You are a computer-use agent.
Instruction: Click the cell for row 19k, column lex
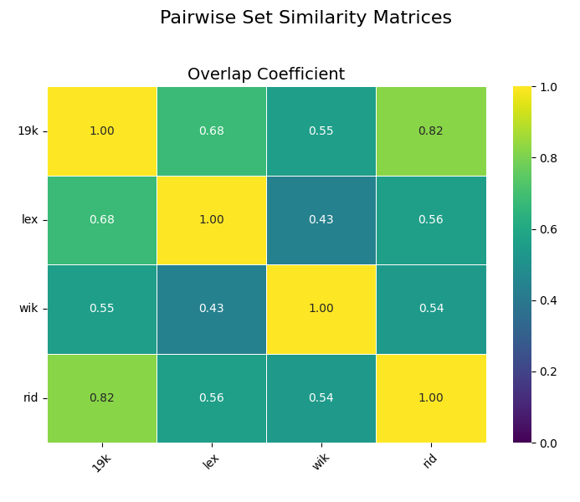click(211, 131)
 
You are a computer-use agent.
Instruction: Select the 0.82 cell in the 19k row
click(430, 131)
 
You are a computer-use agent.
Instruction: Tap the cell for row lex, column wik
click(321, 220)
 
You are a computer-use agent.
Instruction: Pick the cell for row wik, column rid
click(430, 309)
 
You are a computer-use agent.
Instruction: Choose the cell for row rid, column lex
click(211, 398)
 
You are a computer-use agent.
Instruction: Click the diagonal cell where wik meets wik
click(321, 309)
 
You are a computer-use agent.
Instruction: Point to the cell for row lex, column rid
click(430, 220)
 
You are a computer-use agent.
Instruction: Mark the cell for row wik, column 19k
click(101, 309)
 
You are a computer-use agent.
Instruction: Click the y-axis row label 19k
click(28, 131)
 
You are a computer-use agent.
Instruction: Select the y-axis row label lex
click(30, 220)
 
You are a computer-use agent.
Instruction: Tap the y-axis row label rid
click(31, 398)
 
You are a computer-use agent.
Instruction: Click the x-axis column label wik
click(321, 461)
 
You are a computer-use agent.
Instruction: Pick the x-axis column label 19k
click(101, 463)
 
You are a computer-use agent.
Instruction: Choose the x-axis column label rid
click(430, 460)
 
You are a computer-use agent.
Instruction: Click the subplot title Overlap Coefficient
click(266, 74)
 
